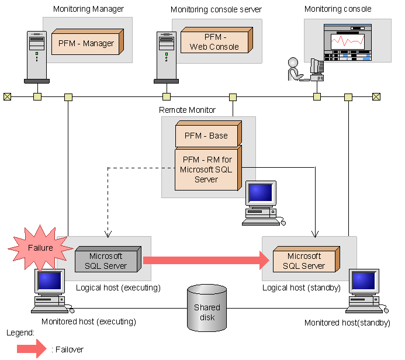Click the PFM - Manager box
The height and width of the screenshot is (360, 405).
click(86, 43)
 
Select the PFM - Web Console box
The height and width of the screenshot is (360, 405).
click(214, 41)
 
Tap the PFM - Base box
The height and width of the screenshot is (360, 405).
click(206, 136)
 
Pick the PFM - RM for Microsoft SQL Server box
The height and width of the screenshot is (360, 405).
click(206, 169)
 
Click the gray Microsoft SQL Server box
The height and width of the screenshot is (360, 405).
click(106, 260)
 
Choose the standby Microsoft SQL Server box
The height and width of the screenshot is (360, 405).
click(304, 260)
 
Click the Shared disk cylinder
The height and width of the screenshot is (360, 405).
click(207, 311)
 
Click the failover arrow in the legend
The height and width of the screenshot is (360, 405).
click(32, 349)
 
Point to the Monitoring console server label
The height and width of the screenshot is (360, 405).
click(216, 9)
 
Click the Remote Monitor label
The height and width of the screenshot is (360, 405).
click(187, 110)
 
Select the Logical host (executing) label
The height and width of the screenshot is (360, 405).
click(118, 288)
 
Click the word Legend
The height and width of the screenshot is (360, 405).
click(20, 333)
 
